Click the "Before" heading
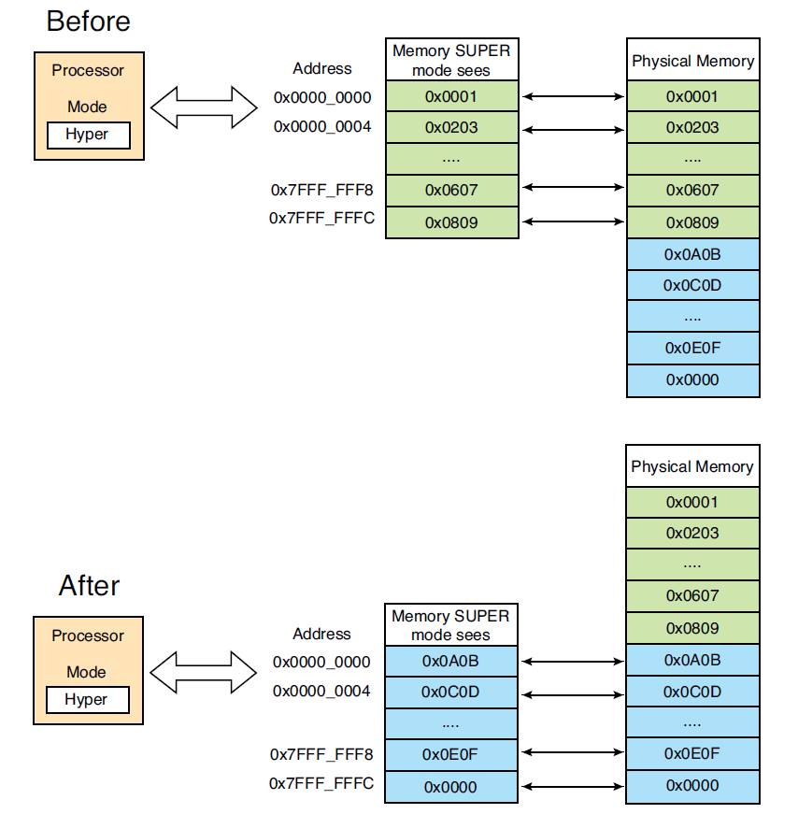pyautogui.click(x=88, y=21)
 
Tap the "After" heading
pyautogui.click(x=89, y=586)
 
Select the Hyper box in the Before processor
pyautogui.click(x=88, y=135)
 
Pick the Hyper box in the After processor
pyautogui.click(x=87, y=700)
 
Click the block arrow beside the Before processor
pyautogui.click(x=204, y=107)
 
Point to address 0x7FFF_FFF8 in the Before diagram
pyautogui.click(x=321, y=190)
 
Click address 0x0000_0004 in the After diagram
pyautogui.click(x=321, y=692)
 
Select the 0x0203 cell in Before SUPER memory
pyautogui.click(x=451, y=127)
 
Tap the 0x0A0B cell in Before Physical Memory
pyautogui.click(x=692, y=254)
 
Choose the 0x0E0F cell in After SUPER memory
pyautogui.click(x=450, y=754)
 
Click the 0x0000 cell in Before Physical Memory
pyautogui.click(x=692, y=380)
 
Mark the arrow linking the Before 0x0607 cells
pyautogui.click(x=573, y=187)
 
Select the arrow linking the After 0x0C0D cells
pyautogui.click(x=572, y=694)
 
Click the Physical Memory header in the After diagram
pyautogui.click(x=692, y=466)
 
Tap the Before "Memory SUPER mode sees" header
pyautogui.click(x=451, y=60)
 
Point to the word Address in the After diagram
pyautogui.click(x=321, y=634)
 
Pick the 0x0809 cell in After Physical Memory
pyautogui.click(x=692, y=628)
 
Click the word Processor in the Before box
pyautogui.click(x=88, y=71)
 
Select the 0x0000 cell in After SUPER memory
pyautogui.click(x=450, y=787)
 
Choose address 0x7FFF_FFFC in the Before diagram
pyautogui.click(x=321, y=218)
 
